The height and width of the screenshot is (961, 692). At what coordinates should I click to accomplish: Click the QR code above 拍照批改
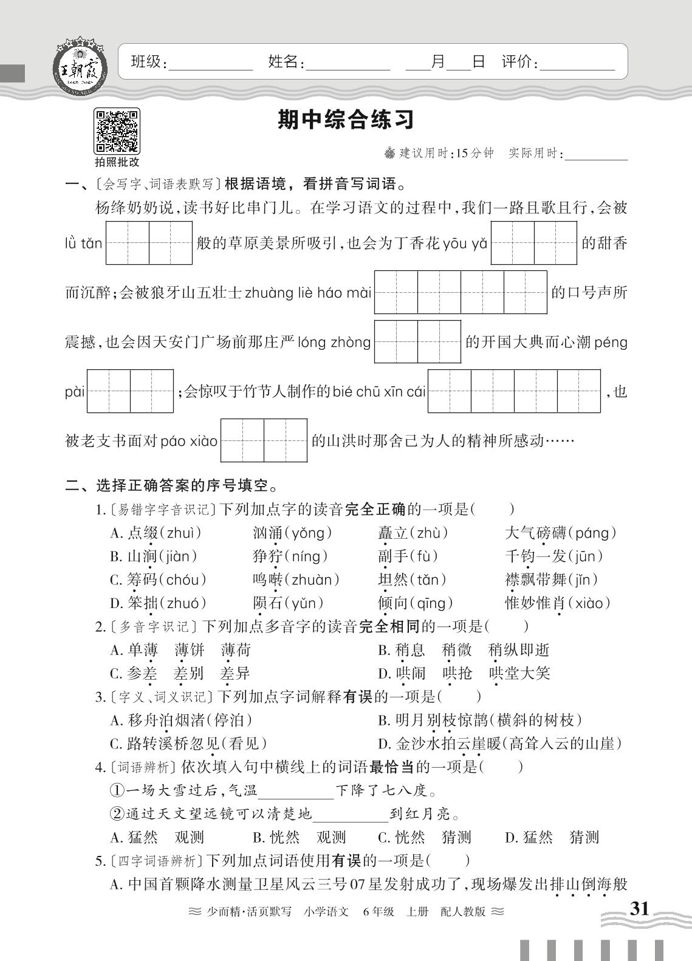coord(117,131)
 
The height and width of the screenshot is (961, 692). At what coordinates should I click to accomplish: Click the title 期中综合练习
coord(346,120)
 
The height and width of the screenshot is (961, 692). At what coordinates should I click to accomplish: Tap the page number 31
coord(639,909)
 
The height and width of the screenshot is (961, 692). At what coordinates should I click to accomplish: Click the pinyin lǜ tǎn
coord(84,244)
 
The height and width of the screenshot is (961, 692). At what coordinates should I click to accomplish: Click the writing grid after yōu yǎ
coord(533,243)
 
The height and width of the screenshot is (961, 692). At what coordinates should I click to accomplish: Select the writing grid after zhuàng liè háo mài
coord(461,292)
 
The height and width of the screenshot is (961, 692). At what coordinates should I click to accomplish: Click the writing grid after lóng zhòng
coord(417,341)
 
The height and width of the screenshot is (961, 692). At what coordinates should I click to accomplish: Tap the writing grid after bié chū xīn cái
coord(514,391)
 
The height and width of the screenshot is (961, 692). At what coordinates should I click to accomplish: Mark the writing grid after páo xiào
coord(264,440)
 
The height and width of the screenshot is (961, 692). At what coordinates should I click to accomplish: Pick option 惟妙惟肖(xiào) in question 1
coord(558,603)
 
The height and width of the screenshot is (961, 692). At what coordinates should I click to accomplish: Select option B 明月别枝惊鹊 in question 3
coord(480,720)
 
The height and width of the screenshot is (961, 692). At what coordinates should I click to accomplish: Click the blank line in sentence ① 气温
coord(296,791)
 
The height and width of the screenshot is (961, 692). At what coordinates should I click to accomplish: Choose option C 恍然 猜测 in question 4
coord(425,838)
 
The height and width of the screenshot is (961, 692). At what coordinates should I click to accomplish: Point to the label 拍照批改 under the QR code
coord(117,162)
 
